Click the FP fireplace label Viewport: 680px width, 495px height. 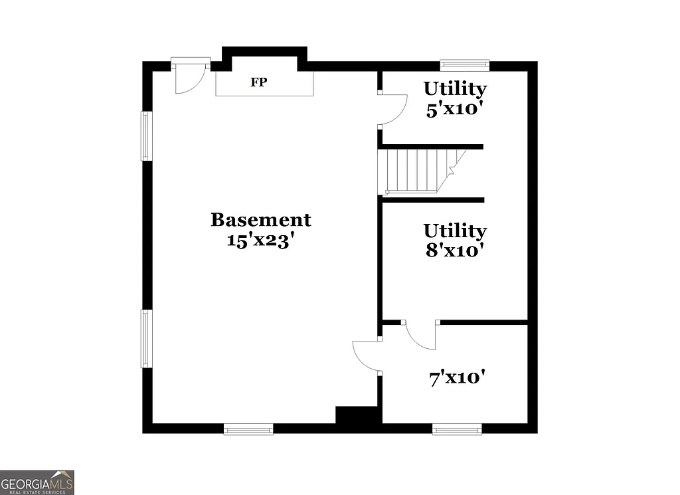(259, 83)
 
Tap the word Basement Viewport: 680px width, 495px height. (260, 219)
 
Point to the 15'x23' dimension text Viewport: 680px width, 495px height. (260, 241)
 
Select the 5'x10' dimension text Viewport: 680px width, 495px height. (454, 109)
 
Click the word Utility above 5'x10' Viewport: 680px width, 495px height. (455, 88)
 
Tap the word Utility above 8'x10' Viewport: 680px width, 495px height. (455, 231)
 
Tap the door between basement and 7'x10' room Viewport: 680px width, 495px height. (367, 356)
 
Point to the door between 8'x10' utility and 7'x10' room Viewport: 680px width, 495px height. (420, 334)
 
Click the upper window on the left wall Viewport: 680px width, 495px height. (146, 136)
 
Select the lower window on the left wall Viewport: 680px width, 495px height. (146, 338)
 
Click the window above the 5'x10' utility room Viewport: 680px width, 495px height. (465, 65)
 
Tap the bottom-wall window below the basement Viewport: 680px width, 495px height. (248, 429)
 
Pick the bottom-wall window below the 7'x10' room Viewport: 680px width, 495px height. (457, 429)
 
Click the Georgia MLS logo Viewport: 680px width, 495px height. (37, 482)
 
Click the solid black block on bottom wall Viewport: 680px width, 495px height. (357, 417)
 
